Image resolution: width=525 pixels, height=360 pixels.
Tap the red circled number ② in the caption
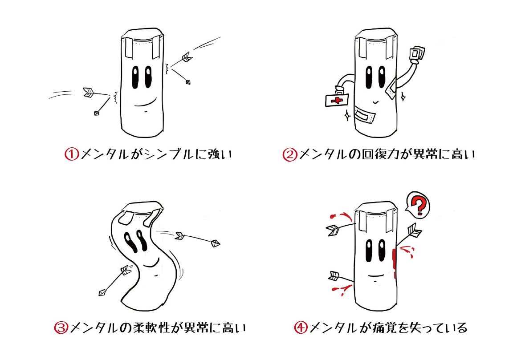click(290, 155)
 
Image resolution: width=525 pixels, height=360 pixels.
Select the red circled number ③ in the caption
click(61, 328)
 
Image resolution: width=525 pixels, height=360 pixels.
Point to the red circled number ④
click(301, 328)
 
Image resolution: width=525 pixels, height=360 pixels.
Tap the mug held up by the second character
click(416, 54)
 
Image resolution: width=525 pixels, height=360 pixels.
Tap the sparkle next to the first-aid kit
click(346, 116)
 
